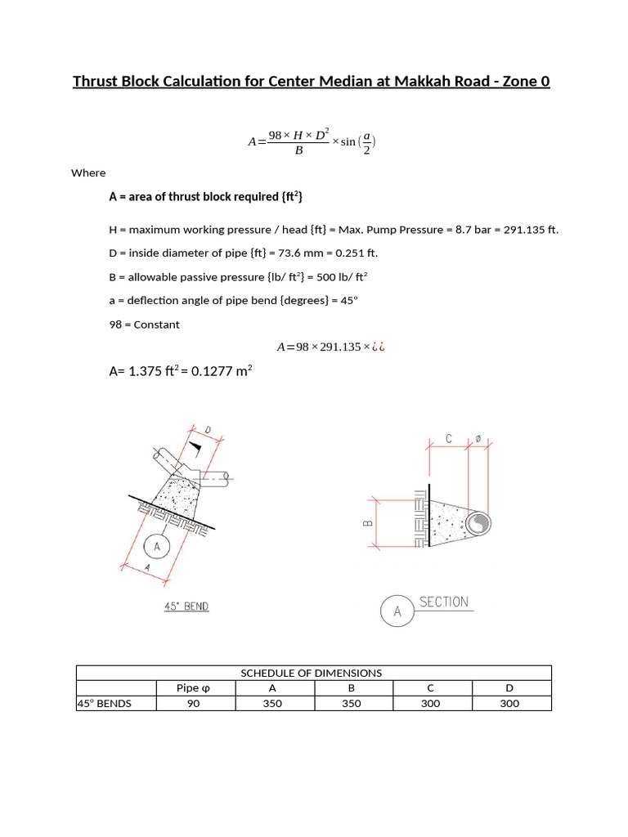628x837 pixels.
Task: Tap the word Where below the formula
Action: pyautogui.click(x=88, y=172)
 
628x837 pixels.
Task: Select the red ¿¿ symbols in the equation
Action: pyautogui.click(x=378, y=347)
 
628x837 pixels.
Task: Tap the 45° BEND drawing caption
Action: pyautogui.click(x=186, y=606)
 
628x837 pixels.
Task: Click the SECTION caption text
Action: pyautogui.click(x=443, y=602)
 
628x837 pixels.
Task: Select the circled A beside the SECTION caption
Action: pyautogui.click(x=397, y=610)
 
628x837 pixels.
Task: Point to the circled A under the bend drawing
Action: pyautogui.click(x=156, y=546)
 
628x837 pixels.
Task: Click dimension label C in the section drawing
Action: pyautogui.click(x=449, y=440)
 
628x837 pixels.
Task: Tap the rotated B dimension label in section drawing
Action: pyautogui.click(x=368, y=520)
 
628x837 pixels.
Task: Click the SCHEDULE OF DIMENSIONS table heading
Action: pyautogui.click(x=311, y=673)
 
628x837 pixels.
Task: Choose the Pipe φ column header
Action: pyautogui.click(x=194, y=687)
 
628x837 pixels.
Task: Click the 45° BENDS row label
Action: pyautogui.click(x=105, y=703)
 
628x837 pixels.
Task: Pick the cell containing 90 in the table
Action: pyautogui.click(x=194, y=703)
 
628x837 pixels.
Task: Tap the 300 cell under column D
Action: pyautogui.click(x=509, y=703)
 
